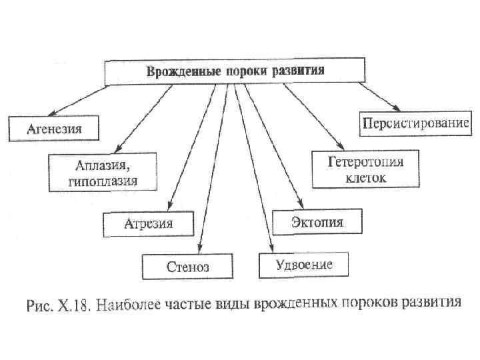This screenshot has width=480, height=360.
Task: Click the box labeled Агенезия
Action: point(54,128)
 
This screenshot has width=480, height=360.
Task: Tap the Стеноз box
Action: point(187,266)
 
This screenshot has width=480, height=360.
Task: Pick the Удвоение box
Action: point(304,264)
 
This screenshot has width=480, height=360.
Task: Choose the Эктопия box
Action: point(317,221)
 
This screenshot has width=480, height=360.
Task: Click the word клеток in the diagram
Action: point(365,179)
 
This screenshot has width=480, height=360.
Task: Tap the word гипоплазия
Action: point(103,181)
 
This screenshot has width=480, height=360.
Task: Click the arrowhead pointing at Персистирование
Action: point(396,109)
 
